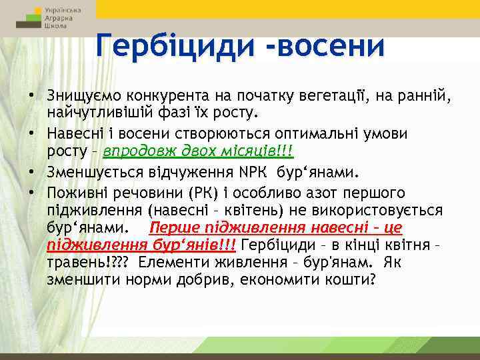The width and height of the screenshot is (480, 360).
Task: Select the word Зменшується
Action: pyautogui.click(x=89, y=173)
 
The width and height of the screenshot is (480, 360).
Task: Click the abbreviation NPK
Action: pyautogui.click(x=251, y=173)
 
